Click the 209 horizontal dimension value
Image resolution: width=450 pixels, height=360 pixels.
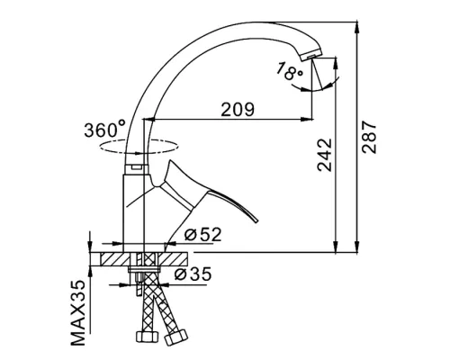click(x=238, y=109)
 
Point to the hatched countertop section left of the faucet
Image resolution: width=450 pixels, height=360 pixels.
click(x=115, y=258)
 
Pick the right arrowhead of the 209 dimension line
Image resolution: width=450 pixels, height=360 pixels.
click(x=308, y=120)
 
